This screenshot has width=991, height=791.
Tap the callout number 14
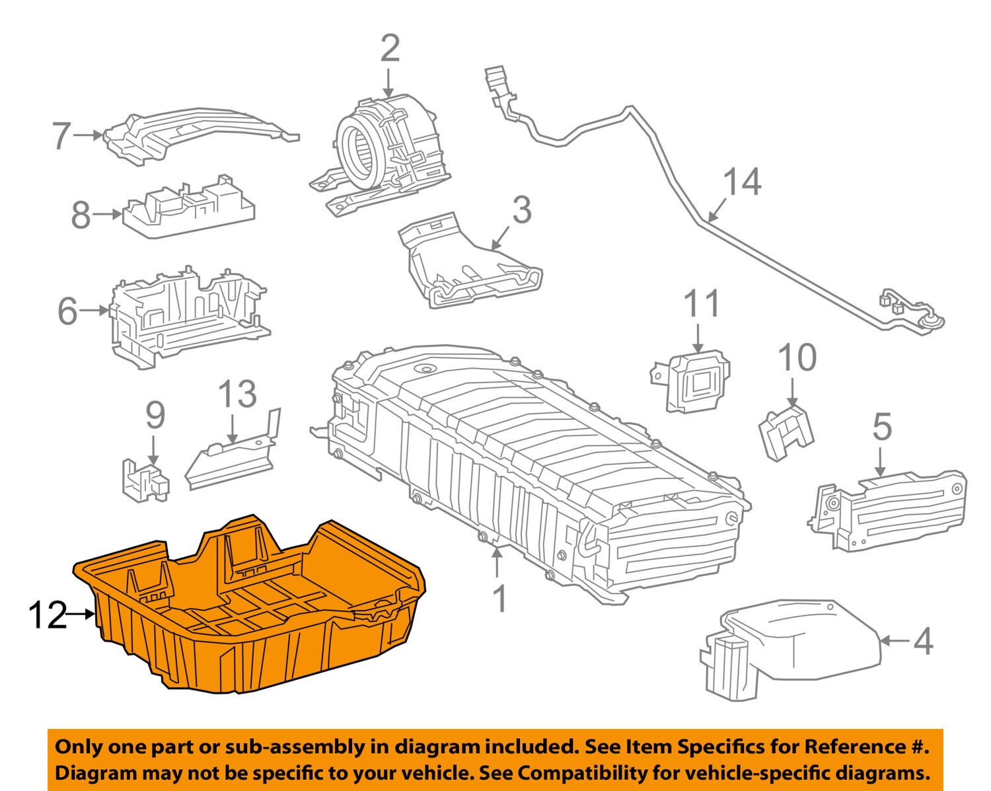tap(742, 182)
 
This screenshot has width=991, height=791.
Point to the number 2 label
tap(390, 48)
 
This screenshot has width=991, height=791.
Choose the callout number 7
tap(61, 136)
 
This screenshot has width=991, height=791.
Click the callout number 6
tap(67, 311)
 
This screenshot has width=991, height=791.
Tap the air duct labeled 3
tap(470, 262)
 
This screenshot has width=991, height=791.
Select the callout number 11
tap(702, 303)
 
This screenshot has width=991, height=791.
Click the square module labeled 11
tap(691, 381)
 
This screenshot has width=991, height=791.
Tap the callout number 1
tap(499, 599)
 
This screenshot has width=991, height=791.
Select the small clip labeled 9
tap(145, 480)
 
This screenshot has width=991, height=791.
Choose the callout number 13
tap(237, 394)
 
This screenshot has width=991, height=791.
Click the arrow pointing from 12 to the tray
tap(81, 614)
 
